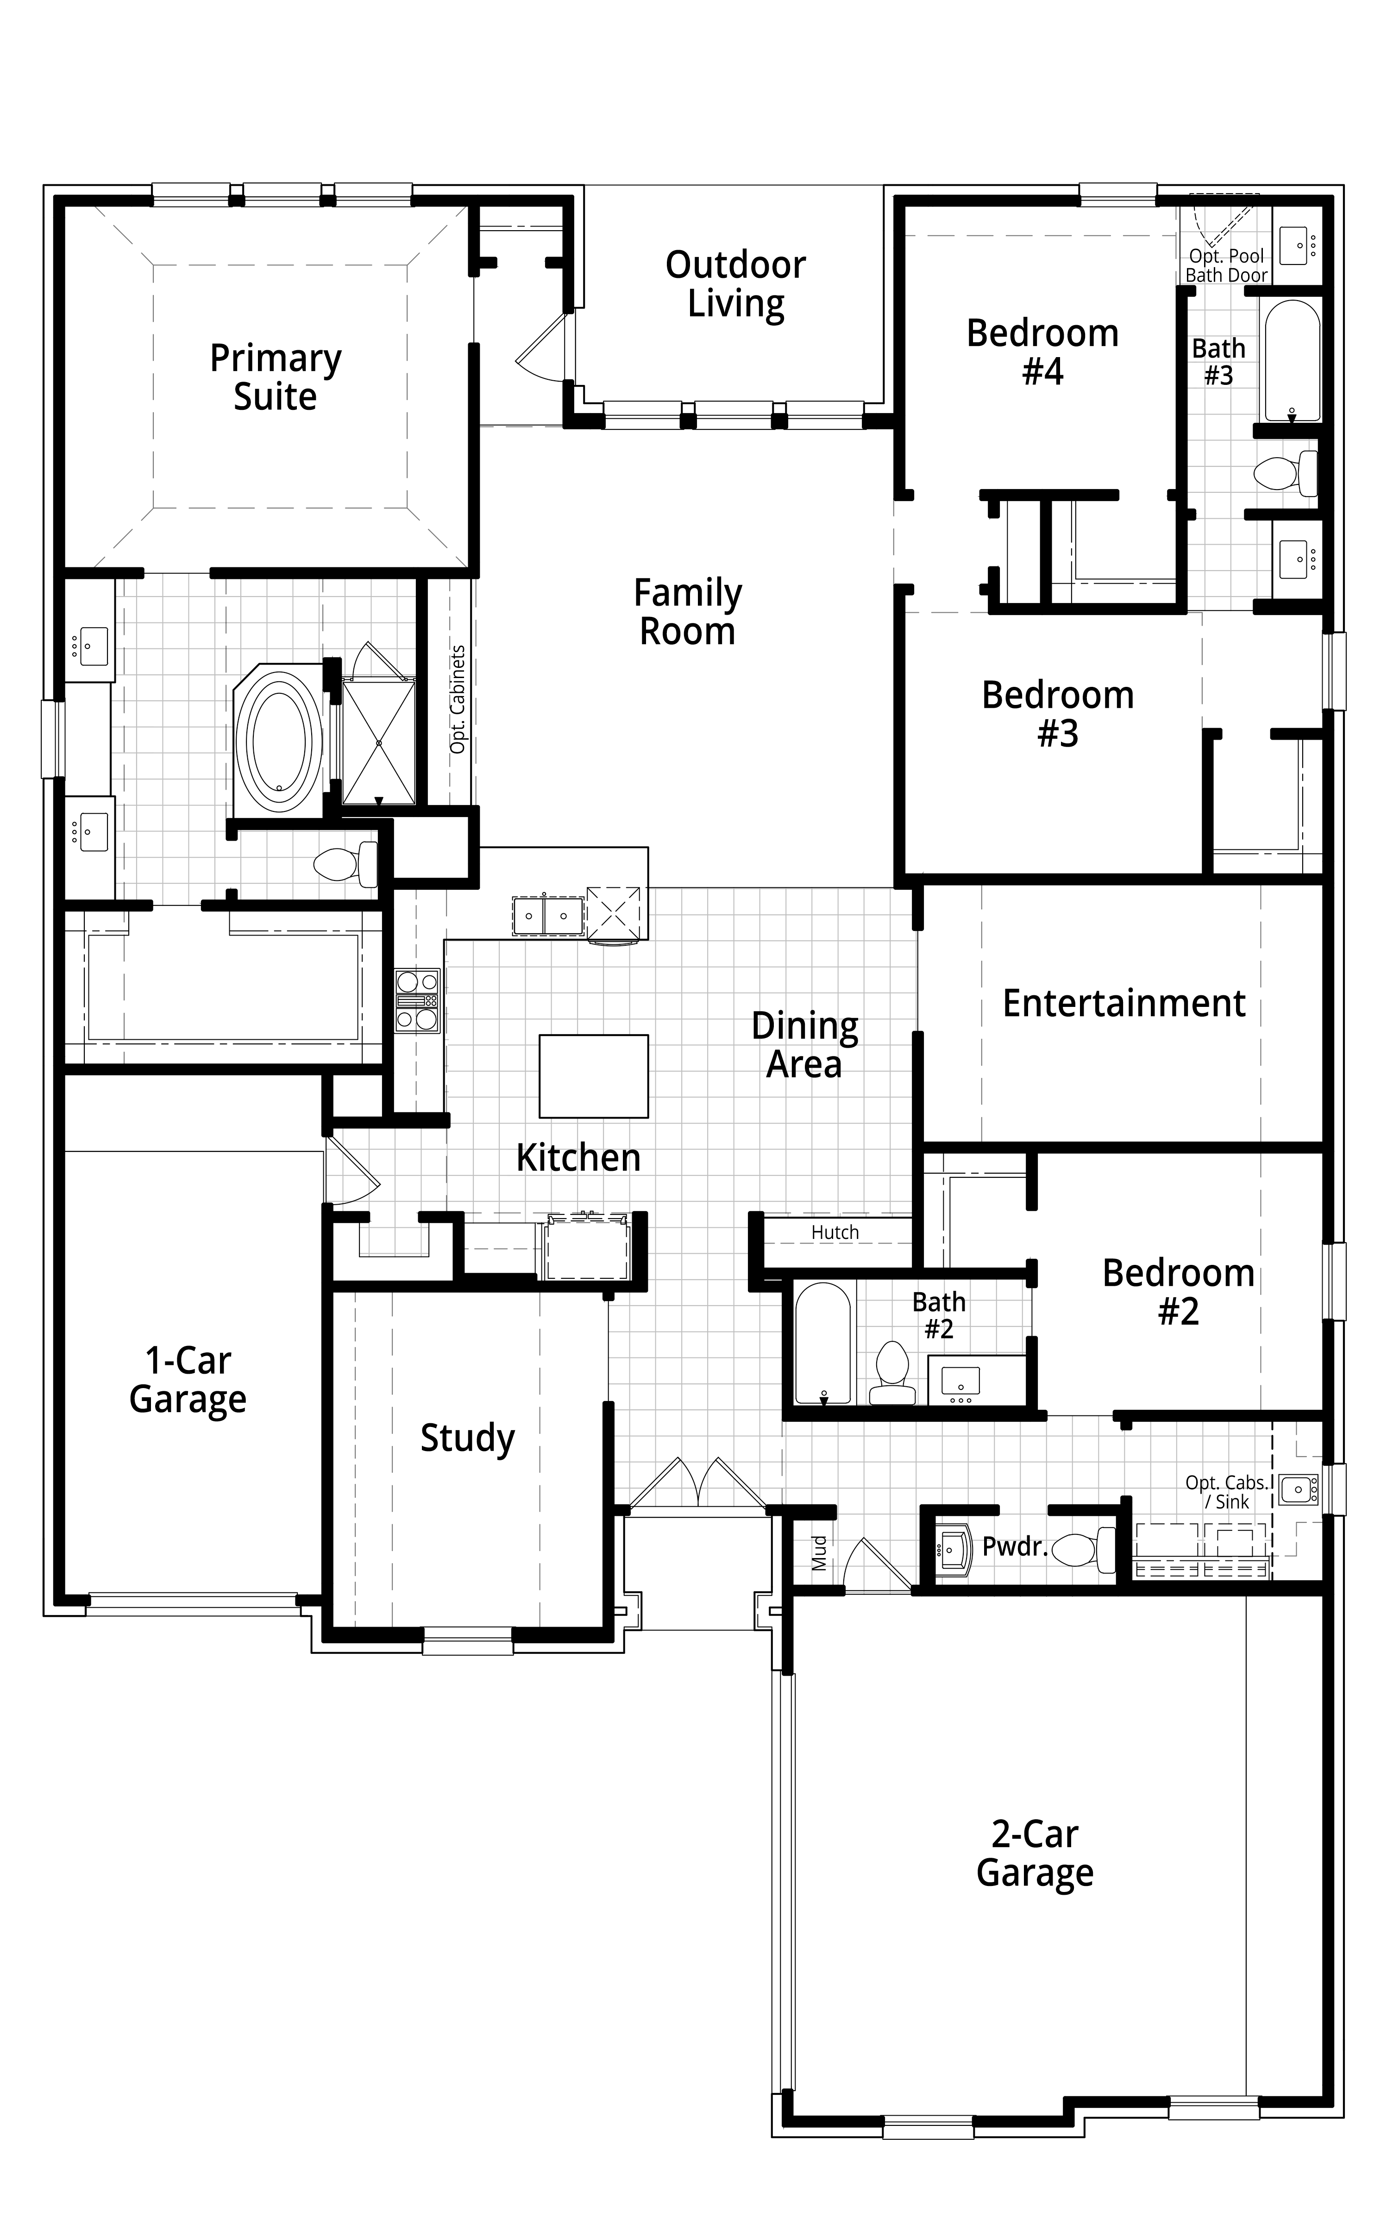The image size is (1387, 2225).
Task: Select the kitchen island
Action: [594, 1076]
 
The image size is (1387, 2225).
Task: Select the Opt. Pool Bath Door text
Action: [1226, 265]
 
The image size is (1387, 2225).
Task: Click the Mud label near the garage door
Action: [819, 1553]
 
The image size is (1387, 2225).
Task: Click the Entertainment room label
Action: [1124, 1003]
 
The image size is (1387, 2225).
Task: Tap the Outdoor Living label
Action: [736, 284]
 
